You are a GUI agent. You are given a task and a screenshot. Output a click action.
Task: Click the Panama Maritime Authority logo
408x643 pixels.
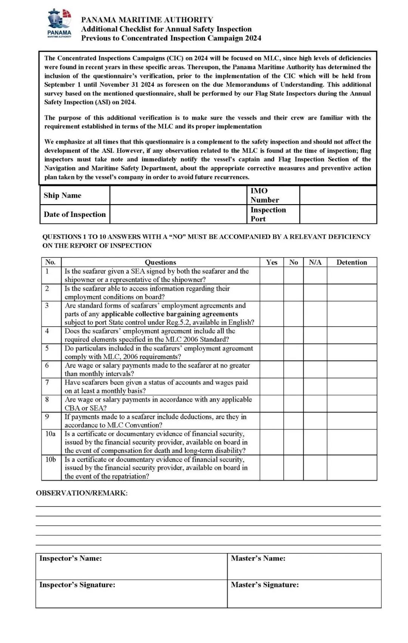[59, 23]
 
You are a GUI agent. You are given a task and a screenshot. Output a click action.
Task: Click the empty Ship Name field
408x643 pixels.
[178, 195]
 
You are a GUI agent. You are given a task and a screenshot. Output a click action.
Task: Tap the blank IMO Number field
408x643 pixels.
[338, 195]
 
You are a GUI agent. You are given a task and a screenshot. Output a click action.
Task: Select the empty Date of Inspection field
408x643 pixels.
[178, 214]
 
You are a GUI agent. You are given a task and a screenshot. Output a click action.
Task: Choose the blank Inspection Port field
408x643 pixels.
[338, 214]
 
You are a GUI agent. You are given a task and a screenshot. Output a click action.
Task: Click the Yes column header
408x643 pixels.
[272, 262]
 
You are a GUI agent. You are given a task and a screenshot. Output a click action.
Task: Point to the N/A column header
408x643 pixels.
[315, 262]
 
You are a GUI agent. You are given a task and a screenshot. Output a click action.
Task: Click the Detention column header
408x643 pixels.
[352, 262]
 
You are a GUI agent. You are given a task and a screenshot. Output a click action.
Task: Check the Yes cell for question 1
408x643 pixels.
[272, 276]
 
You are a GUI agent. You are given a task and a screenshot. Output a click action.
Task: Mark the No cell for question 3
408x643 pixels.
[294, 314]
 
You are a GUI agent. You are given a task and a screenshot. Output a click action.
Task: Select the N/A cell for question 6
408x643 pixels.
[315, 369]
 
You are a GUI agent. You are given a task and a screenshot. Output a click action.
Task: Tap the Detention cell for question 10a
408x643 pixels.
[352, 442]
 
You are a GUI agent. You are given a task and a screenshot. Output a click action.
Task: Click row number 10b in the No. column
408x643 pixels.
[51, 460]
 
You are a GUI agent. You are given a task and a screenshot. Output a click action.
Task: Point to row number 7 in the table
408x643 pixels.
[47, 382]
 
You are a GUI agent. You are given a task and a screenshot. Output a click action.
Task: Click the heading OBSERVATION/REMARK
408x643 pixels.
[82, 493]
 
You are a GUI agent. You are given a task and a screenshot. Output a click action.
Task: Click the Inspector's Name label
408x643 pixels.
[71, 558]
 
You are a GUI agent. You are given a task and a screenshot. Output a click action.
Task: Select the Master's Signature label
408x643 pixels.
[265, 585]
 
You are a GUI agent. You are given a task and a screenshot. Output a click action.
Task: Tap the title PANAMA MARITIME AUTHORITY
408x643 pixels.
[147, 20]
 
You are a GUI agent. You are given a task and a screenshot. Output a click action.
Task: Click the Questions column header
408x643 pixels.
[161, 262]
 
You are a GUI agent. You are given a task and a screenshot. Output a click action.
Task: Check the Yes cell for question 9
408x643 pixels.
[272, 421]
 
